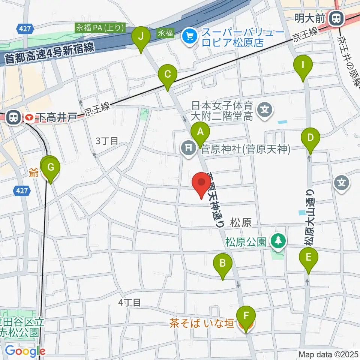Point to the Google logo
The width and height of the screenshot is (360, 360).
[25, 351]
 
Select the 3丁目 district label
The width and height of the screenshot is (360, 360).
[107, 141]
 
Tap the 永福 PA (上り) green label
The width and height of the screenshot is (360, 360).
[100, 28]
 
